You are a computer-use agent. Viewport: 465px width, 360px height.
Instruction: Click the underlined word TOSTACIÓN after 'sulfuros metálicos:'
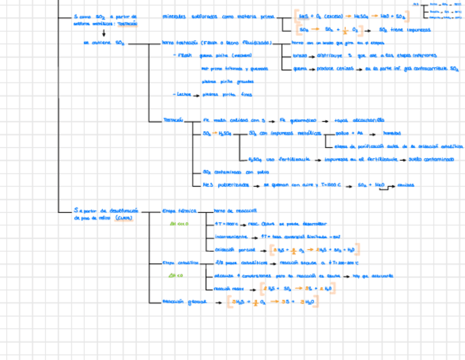point(127,24)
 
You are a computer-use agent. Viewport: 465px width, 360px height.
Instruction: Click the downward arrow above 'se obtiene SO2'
point(103,33)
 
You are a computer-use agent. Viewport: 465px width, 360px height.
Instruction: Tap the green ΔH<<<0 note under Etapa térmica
point(179,224)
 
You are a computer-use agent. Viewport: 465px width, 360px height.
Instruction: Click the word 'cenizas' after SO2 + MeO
point(406,185)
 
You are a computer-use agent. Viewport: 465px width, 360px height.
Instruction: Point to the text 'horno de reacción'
point(235,211)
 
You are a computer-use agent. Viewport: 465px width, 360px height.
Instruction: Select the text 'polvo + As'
point(349,133)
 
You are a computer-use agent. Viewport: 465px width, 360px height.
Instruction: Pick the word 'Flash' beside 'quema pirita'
point(184,56)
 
